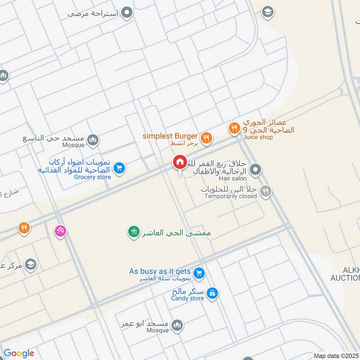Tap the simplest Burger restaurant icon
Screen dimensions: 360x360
[207, 138]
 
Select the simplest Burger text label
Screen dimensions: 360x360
[170, 136]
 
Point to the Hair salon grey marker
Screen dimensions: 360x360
[256, 170]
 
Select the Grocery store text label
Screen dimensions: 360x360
[92, 177]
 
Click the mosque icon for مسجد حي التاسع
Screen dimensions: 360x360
[93, 141]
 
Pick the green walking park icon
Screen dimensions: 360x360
[133, 232]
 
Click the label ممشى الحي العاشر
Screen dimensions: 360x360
[176, 233]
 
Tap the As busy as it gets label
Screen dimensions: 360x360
[160, 271]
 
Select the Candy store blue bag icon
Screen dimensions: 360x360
[213, 294]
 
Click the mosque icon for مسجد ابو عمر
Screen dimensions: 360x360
[178, 324]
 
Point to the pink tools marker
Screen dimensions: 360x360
[60, 230]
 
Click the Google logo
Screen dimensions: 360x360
[19, 353]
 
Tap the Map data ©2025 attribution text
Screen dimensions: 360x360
[336, 356]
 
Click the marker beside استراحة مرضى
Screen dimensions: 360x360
[128, 13]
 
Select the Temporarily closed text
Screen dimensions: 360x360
[231, 196]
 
